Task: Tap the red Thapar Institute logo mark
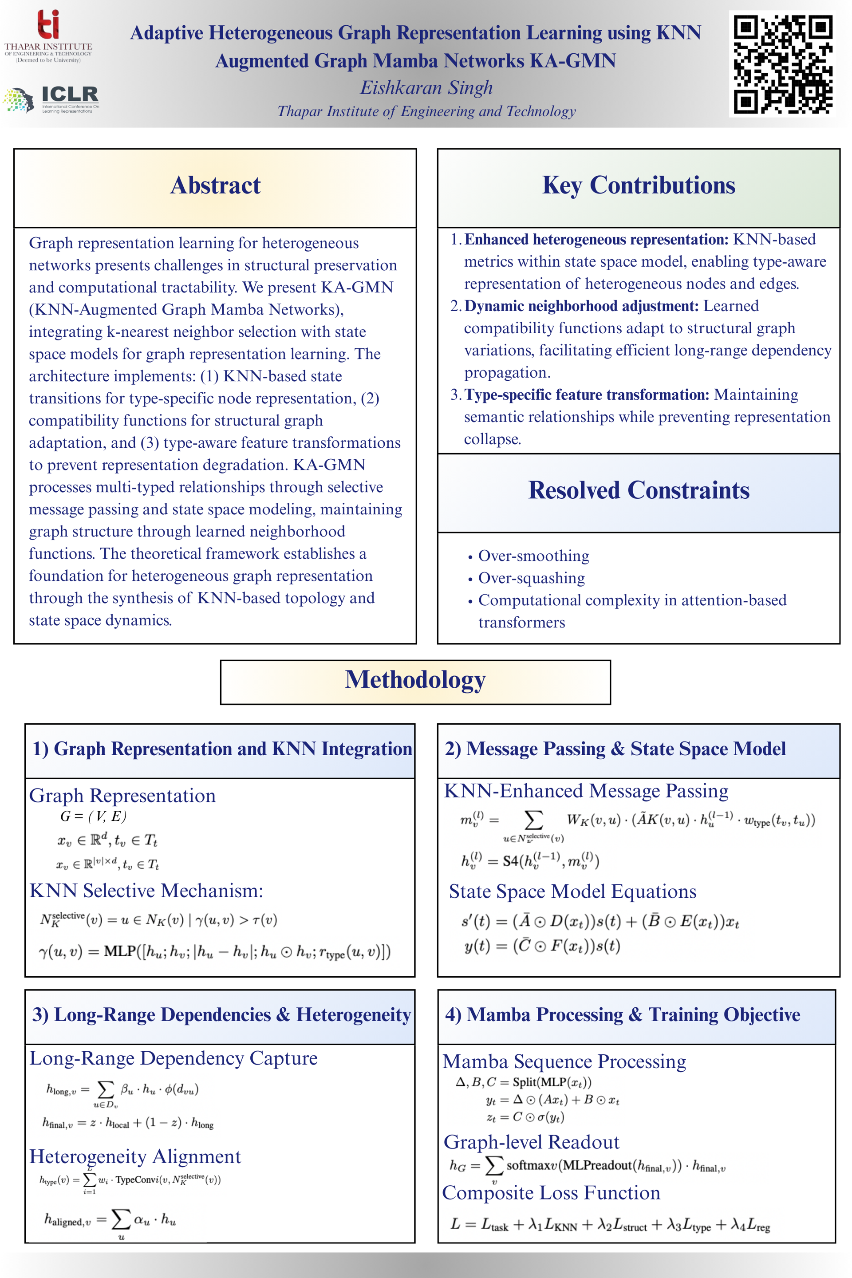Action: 48,24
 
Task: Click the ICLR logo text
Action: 70,94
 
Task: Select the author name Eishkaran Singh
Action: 426,87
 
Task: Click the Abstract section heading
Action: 215,185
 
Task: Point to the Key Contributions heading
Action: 639,185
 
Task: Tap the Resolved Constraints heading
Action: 639,490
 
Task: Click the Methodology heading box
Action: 415,680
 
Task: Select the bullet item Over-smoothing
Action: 533,556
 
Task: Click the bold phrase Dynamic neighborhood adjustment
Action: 581,306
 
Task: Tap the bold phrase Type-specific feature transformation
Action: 586,394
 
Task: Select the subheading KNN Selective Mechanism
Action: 146,891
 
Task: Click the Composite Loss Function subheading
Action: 551,1192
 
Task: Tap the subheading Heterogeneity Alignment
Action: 135,1156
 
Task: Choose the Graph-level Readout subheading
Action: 532,1142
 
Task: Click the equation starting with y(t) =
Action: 542,946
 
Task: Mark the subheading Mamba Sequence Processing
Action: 564,1061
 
